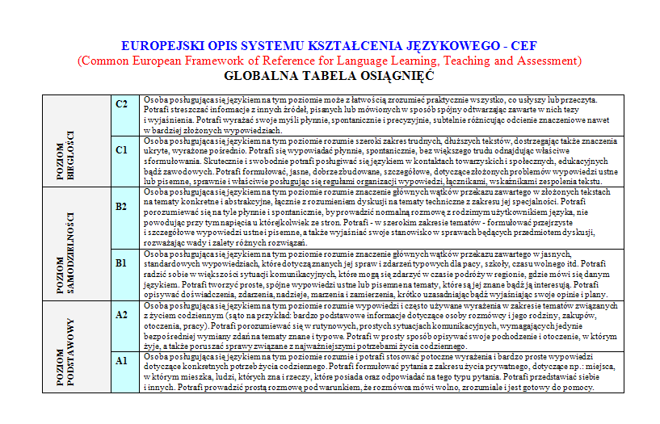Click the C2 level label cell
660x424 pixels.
pyautogui.click(x=122, y=103)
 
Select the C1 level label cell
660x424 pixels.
pyautogui.click(x=122, y=149)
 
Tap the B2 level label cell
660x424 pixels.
pyautogui.click(x=122, y=207)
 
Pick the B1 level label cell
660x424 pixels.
pyautogui.click(x=122, y=263)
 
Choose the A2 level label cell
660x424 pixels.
pyautogui.click(x=122, y=315)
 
